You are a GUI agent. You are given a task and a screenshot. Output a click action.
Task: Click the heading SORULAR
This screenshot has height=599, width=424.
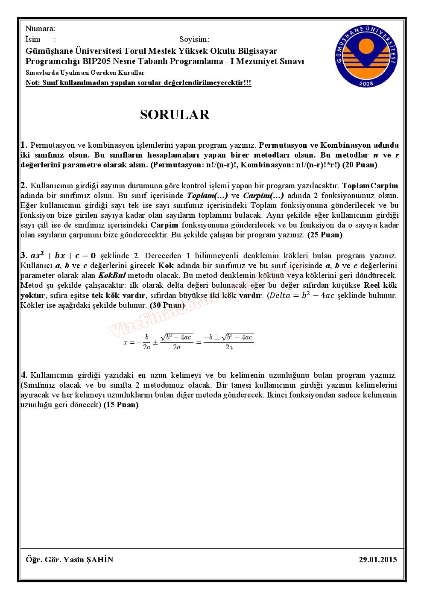[x=175, y=115]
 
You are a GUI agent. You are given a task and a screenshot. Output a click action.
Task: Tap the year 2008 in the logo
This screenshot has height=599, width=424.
[x=366, y=83]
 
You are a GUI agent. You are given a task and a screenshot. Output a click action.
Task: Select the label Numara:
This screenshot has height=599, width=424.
[x=40, y=29]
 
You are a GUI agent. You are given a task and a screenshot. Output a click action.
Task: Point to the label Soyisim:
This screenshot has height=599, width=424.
[x=194, y=40]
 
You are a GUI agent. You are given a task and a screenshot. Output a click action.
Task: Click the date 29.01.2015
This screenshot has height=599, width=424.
[x=378, y=559]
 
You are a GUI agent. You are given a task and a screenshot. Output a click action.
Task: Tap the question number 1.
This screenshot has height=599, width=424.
[x=24, y=145]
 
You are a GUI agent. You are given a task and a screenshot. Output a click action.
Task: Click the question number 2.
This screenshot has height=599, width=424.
[x=24, y=186]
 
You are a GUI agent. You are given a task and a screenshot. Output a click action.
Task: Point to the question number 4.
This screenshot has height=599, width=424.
[x=24, y=375]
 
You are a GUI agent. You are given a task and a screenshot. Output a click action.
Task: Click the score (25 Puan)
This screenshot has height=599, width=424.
[x=325, y=235]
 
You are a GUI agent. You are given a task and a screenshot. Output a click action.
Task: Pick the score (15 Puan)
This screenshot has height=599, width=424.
[x=121, y=405]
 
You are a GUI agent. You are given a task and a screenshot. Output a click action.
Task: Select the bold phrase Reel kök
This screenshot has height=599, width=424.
[x=380, y=285]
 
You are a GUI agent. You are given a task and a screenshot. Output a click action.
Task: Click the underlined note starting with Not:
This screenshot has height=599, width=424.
[x=138, y=83]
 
